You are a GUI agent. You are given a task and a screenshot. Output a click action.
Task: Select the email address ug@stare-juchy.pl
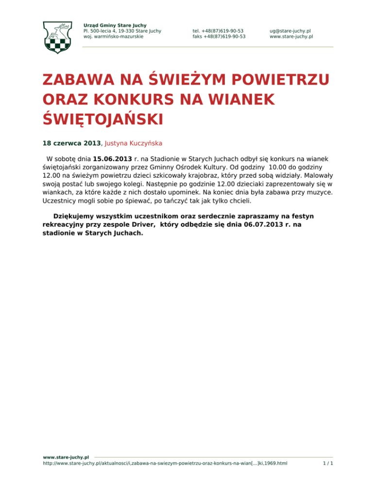pyautogui.click(x=290, y=31)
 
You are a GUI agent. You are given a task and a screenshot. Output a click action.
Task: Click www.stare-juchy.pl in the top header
pyautogui.click(x=291, y=36)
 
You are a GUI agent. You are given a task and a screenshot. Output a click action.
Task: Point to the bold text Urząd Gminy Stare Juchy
pyautogui.click(x=115, y=25)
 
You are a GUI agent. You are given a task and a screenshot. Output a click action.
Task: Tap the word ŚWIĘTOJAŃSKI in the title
pyautogui.click(x=102, y=118)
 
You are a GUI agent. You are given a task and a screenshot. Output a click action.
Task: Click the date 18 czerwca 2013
pyautogui.click(x=72, y=143)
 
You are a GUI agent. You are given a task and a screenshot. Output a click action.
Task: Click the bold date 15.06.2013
pyautogui.click(x=112, y=159)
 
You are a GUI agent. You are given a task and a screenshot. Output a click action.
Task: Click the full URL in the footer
pyautogui.click(x=165, y=464)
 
